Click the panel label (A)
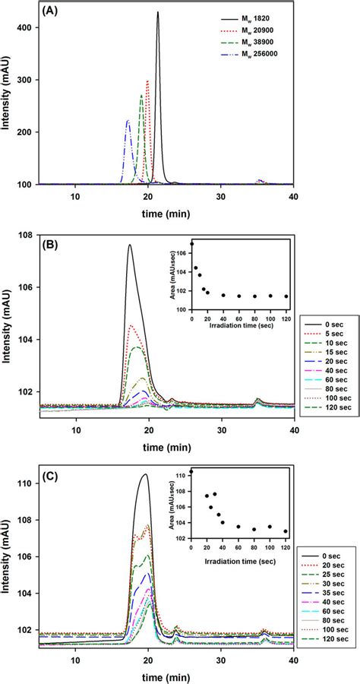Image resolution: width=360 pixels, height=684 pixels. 50,13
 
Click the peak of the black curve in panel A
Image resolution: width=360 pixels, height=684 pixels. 158,12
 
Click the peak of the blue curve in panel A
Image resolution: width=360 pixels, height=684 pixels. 128,120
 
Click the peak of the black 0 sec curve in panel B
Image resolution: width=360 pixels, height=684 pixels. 130,245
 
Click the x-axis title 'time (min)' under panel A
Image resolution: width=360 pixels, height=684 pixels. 166,214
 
